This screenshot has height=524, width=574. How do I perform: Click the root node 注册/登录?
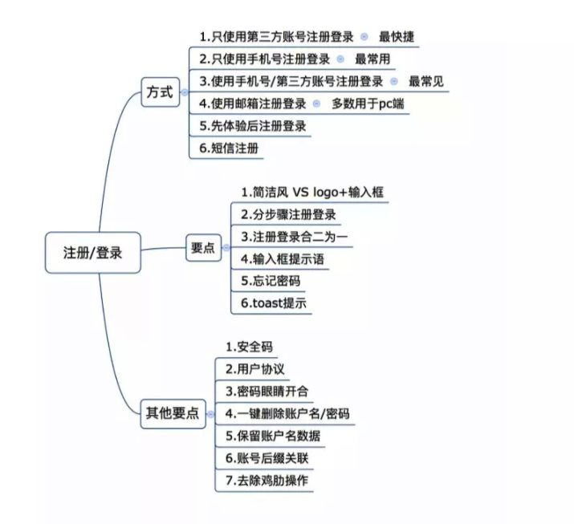click(93, 253)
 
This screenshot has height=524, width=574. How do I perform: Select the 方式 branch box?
click(161, 91)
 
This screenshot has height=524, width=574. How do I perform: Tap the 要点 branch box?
click(204, 248)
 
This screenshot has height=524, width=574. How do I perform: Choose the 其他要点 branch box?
click(173, 413)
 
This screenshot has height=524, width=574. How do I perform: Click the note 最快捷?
click(397, 37)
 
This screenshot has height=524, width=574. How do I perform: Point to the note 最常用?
click(372, 59)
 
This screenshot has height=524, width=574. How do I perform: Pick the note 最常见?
click(426, 81)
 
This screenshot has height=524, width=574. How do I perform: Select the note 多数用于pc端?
click(368, 104)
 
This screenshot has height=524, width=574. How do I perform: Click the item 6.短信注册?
click(229, 148)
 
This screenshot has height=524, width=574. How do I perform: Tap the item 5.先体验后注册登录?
click(253, 126)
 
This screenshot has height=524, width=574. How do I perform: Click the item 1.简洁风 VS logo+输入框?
click(312, 192)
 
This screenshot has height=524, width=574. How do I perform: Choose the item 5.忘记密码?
click(271, 281)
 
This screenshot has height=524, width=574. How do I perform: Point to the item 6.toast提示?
click(274, 303)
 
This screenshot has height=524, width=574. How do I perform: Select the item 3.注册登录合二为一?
click(295, 237)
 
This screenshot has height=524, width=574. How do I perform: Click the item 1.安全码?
click(249, 347)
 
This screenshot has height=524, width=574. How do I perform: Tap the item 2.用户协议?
click(254, 369)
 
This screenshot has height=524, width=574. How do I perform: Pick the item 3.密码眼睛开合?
click(267, 392)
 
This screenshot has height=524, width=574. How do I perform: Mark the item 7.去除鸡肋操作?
click(267, 481)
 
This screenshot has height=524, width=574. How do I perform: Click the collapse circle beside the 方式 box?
click(185, 92)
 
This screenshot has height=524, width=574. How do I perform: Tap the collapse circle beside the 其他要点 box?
click(210, 414)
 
